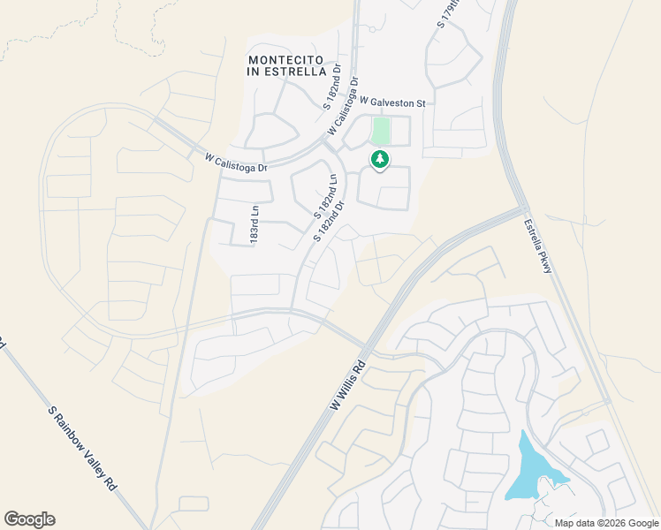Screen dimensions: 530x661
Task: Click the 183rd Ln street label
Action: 255,225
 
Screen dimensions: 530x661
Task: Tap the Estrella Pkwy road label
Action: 536,246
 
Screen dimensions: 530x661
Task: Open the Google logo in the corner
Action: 29,519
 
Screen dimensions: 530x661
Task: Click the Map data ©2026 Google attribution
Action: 606,523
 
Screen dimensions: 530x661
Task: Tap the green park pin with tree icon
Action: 380,159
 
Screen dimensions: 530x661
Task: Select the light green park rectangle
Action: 381,132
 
